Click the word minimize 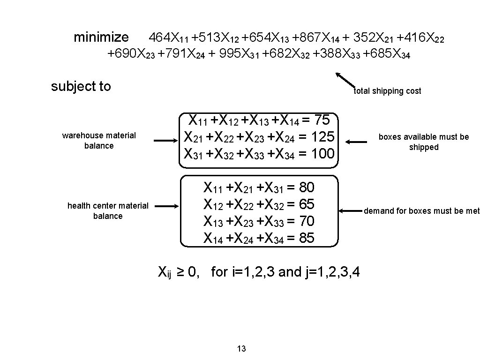pyautogui.click(x=101, y=37)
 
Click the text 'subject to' pyautogui.click(x=81, y=86)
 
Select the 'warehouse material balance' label pyautogui.click(x=99, y=141)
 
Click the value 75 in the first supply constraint pyautogui.click(x=322, y=120)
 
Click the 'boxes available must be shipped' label pyautogui.click(x=423, y=142)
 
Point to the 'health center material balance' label pyautogui.click(x=108, y=211)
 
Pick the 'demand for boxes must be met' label pyautogui.click(x=421, y=211)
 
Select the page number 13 pyautogui.click(x=241, y=348)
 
